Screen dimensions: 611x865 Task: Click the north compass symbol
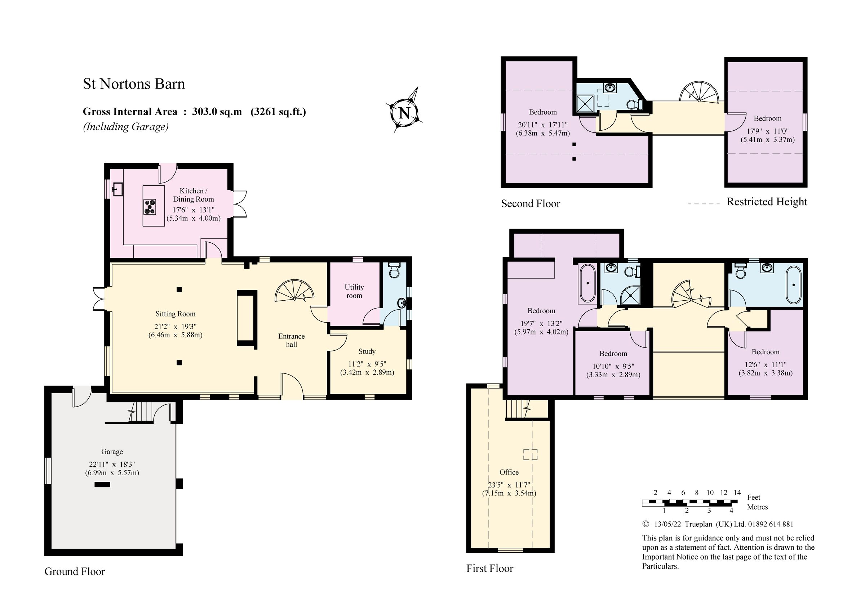coord(404,112)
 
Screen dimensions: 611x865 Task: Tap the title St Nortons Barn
coord(134,84)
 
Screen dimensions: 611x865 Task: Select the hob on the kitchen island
coord(150,207)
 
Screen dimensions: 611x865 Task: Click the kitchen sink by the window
coord(117,189)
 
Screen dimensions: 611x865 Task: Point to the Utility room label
coord(354,291)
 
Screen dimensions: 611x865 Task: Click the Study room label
coord(367,351)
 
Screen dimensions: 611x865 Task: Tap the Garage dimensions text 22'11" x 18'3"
coord(112,464)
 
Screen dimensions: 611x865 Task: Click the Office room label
coord(509,472)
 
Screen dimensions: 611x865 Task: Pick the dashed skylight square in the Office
coord(530,454)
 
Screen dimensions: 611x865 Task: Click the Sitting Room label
coord(175,314)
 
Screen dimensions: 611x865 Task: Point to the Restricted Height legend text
coord(767,202)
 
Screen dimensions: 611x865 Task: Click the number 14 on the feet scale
coord(737,493)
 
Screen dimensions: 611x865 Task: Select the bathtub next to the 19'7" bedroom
coord(587,283)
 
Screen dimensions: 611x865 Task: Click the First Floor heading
coord(490,568)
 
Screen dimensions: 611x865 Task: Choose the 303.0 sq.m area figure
coord(217,112)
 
